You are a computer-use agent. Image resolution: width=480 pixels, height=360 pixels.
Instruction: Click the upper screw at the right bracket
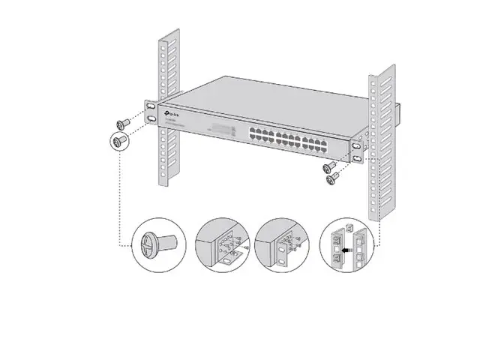[x=328, y=167]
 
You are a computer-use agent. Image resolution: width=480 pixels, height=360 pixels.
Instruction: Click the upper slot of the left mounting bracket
[x=152, y=107]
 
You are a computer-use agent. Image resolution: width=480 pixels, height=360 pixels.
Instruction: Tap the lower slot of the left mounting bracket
[x=152, y=119]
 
